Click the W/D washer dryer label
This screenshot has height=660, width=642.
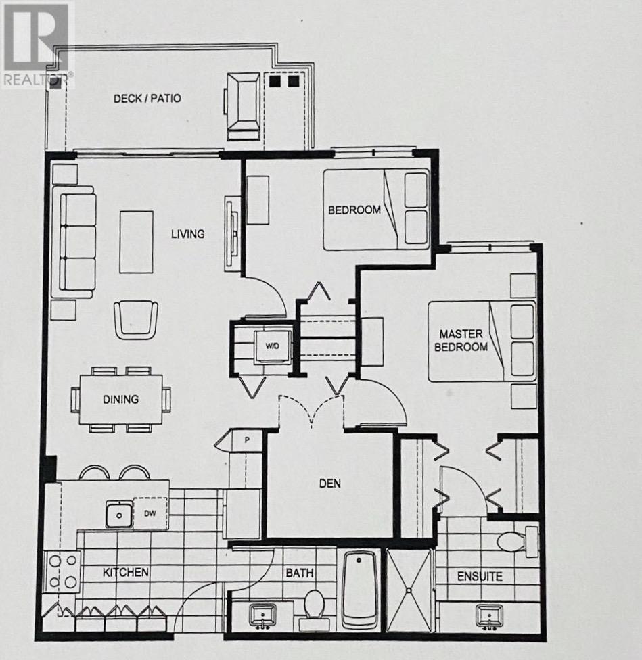272,346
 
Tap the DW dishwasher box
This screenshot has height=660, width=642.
150,514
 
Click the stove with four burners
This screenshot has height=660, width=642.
62,571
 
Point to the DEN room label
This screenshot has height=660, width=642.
330,484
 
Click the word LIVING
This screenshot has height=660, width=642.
187,234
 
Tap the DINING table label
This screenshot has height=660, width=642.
120,399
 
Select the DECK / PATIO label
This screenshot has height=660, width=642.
147,98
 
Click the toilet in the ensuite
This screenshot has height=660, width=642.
513,541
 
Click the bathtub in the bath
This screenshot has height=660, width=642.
359,588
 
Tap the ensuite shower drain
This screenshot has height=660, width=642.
409,590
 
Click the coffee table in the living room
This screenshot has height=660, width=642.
136,241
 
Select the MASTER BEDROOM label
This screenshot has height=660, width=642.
463,340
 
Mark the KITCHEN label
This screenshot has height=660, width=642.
126,572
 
